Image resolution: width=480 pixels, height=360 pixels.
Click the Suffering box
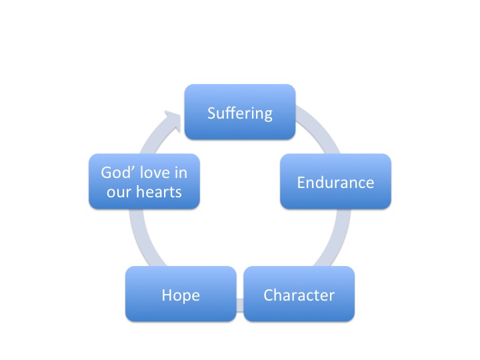click(240, 112)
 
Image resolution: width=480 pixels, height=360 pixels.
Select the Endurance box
click(335, 181)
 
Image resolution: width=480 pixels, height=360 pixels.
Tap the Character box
click(299, 294)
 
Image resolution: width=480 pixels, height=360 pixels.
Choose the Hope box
click(181, 294)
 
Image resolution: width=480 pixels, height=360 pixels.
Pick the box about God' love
click(144, 181)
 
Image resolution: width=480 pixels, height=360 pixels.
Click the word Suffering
click(240, 113)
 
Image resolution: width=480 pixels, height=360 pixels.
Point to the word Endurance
click(335, 182)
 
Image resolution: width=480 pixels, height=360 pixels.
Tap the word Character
click(299, 295)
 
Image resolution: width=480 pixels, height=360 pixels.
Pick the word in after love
click(181, 173)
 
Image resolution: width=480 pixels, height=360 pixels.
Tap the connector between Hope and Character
click(240, 305)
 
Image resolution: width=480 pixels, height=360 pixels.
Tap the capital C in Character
click(269, 295)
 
